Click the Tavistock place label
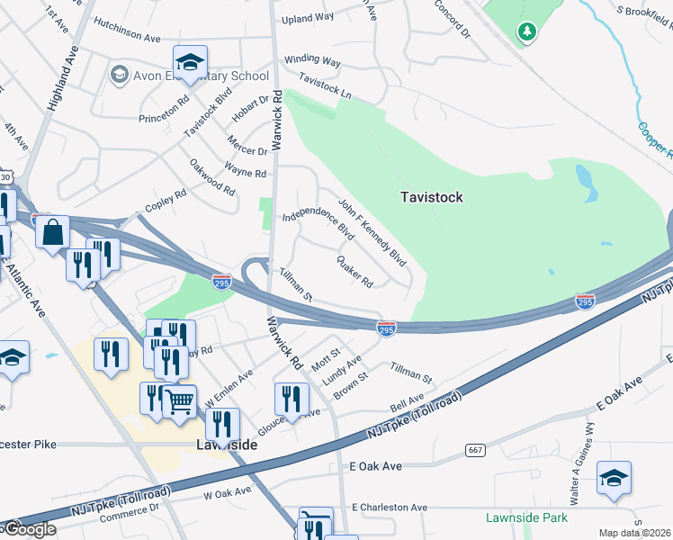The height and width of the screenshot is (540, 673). point(432,197)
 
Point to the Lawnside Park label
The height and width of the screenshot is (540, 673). point(526,517)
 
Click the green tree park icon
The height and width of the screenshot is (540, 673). point(526,32)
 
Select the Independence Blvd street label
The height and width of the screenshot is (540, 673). point(318,223)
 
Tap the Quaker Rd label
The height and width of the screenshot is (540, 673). point(354,270)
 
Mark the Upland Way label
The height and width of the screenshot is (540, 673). point(308,17)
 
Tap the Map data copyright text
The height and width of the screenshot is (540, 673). point(635,533)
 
